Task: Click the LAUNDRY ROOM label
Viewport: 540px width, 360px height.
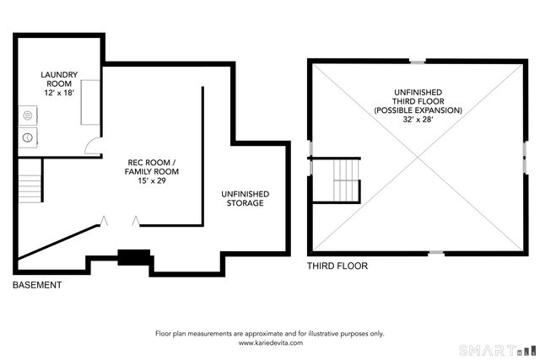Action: coord(59,79)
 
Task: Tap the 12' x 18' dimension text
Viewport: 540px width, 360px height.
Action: coord(59,93)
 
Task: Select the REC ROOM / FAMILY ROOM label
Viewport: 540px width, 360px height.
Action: coord(152,167)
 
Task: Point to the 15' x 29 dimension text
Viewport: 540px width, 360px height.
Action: coord(152,180)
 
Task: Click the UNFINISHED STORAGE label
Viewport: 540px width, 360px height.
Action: coord(246,199)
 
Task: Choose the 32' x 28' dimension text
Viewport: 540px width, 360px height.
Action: coord(418,120)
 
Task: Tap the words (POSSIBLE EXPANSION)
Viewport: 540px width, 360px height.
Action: coord(418,110)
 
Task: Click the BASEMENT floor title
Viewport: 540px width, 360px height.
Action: coord(37,285)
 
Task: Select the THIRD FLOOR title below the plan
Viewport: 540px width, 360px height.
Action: coord(337,266)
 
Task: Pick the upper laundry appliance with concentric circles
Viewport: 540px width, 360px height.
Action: coord(28,116)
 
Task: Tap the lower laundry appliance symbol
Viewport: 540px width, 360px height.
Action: coord(28,137)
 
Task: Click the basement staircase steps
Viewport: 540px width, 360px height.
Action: coord(30,189)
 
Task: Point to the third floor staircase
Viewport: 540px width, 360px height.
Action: coord(346,180)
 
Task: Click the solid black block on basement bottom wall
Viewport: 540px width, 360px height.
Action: coord(134,257)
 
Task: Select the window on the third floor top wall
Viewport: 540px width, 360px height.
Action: coord(418,62)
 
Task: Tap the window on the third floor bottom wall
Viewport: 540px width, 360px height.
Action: coord(436,253)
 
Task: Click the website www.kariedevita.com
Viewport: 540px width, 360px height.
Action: coord(271,343)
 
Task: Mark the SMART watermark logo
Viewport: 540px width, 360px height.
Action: coord(499,351)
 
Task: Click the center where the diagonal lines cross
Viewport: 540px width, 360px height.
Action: coord(418,158)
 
